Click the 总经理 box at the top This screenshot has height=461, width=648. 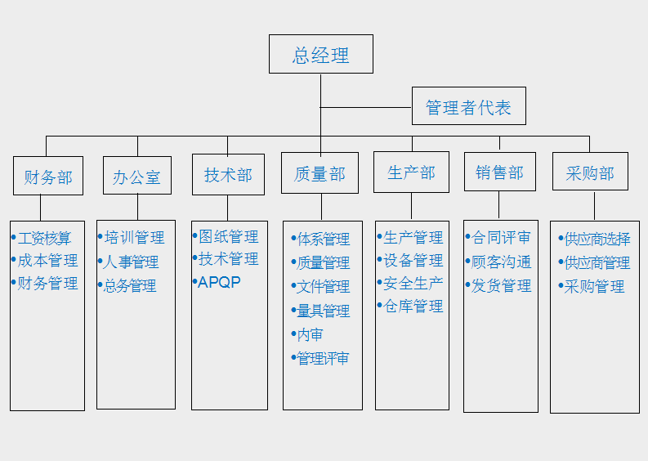(321, 55)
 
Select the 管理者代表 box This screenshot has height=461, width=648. (468, 107)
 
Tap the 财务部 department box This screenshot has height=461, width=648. (48, 177)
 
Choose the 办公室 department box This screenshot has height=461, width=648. (137, 177)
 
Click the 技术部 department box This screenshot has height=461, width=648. (228, 175)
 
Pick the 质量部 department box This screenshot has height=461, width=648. (320, 174)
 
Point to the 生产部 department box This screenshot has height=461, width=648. (411, 173)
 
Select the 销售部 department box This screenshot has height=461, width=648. (499, 172)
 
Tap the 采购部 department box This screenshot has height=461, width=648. (590, 173)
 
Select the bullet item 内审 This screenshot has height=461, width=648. (309, 335)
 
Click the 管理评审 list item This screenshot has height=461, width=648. (322, 358)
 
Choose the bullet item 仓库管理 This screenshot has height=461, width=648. (413, 307)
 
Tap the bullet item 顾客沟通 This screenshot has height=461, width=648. (501, 262)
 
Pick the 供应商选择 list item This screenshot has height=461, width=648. (597, 239)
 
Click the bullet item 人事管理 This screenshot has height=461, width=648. (131, 262)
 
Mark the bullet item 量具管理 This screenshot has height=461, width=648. (322, 311)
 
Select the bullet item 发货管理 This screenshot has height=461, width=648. (501, 286)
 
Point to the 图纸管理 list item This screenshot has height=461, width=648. (228, 237)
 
